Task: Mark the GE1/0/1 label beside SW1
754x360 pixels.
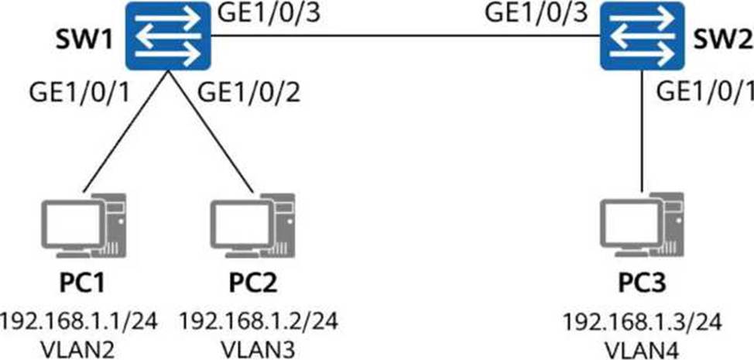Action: click(x=80, y=94)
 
